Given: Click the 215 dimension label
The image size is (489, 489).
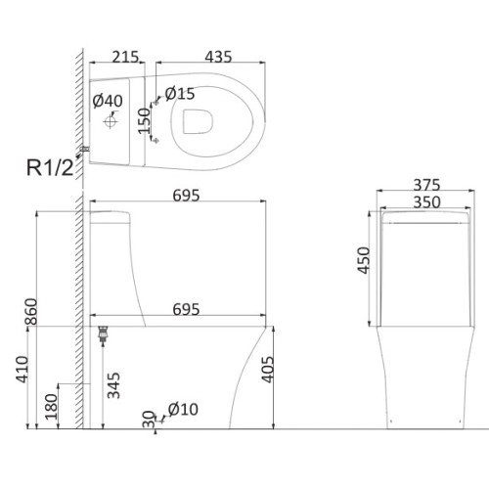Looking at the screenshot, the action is (x=125, y=57).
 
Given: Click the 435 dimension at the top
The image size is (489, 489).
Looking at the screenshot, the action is (x=218, y=57).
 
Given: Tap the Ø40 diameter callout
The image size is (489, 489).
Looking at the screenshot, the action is (x=108, y=101).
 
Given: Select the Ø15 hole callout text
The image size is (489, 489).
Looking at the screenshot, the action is (x=180, y=94).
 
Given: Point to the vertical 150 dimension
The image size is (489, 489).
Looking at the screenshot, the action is (x=144, y=121).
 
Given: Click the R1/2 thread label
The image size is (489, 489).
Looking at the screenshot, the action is (x=50, y=168).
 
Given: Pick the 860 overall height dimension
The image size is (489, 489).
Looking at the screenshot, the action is (x=31, y=311).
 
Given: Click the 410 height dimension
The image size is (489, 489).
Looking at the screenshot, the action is (x=22, y=370).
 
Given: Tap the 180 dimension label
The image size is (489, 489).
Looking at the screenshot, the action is (x=51, y=407).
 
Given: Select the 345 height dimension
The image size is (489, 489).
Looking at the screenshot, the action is (x=113, y=385).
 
